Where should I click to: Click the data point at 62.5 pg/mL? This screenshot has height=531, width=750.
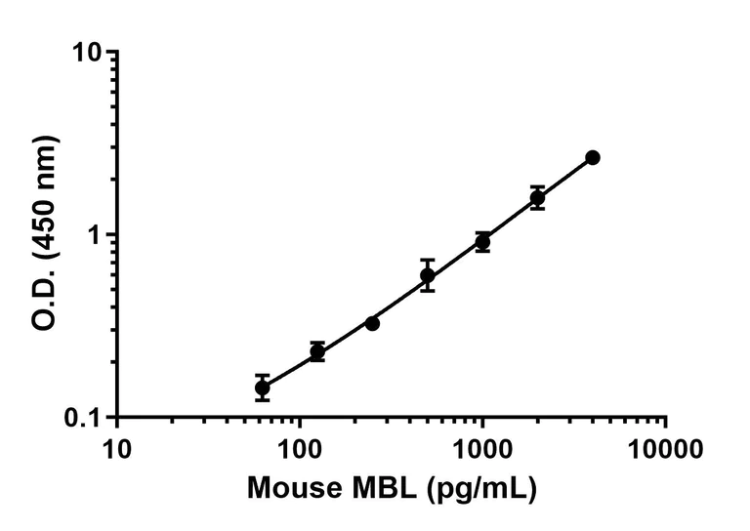pos(262,388)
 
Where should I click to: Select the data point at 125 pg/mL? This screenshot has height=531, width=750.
pos(317,352)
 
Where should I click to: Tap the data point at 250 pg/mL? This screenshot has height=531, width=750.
pos(372,323)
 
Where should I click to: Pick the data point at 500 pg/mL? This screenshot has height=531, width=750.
pos(428,276)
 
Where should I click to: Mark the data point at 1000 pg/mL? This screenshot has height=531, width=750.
pos(482,242)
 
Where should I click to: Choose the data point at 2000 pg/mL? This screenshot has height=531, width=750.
pos(537,198)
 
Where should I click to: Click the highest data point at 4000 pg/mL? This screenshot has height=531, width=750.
pos(593,157)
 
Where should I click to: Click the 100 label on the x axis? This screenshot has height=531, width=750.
pos(299,450)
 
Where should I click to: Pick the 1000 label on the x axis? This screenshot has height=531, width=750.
pos(482,450)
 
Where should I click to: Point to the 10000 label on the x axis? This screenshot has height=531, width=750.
pos(665,450)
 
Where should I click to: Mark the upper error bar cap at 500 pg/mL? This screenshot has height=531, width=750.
pos(428,261)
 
